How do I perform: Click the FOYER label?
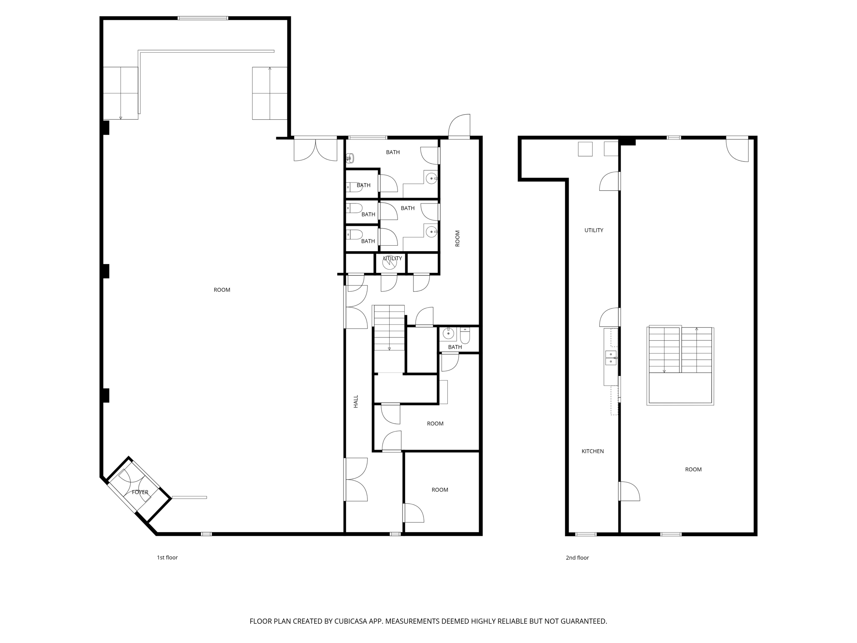[x=140, y=492]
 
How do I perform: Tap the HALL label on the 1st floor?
[x=356, y=401]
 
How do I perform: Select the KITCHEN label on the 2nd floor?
[x=593, y=451]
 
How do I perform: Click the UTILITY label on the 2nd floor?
[x=594, y=230]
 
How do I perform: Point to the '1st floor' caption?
[x=167, y=558]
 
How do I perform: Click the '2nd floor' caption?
[x=577, y=558]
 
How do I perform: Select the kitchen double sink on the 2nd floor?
[x=611, y=358]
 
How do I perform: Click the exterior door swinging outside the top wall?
[x=459, y=126]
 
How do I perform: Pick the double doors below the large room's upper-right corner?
[x=316, y=149]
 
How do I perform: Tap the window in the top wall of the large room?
[x=203, y=18]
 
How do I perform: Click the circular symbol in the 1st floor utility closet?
[x=389, y=262]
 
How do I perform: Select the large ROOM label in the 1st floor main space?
[x=222, y=290]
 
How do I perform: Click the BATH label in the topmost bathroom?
[x=393, y=152]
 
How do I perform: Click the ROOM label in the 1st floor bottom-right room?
[x=440, y=490]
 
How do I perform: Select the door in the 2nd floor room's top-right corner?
[x=737, y=149]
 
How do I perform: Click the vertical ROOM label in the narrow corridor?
[x=457, y=238]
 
